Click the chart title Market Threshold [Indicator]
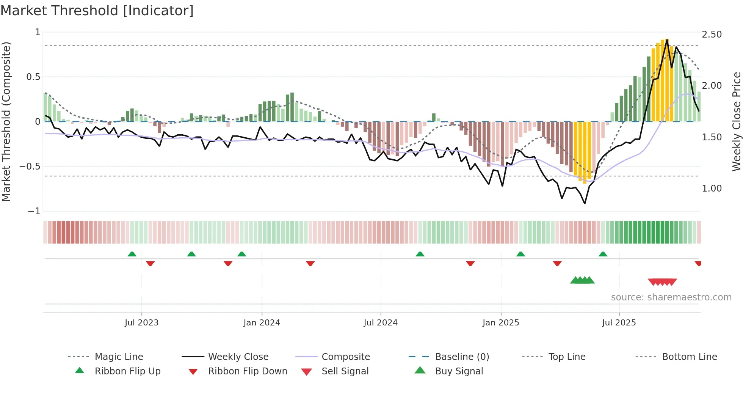click(97, 11)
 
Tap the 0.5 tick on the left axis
click(33, 77)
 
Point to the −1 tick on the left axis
click(34, 211)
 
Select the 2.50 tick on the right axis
click(712, 35)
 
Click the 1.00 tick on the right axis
click(712, 189)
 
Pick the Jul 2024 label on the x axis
click(381, 323)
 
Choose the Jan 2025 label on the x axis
click(501, 323)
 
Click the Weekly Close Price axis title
click(736, 121)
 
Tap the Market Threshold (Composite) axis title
click(6, 121)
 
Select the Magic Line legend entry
click(119, 357)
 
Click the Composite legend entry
click(346, 357)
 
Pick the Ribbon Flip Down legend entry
click(248, 371)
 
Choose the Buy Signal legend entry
click(459, 371)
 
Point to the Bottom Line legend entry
click(689, 357)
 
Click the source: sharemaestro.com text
click(671, 297)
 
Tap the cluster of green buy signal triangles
click(582, 280)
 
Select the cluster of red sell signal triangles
click(662, 282)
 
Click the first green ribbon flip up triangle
click(132, 254)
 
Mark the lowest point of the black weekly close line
click(585, 204)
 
